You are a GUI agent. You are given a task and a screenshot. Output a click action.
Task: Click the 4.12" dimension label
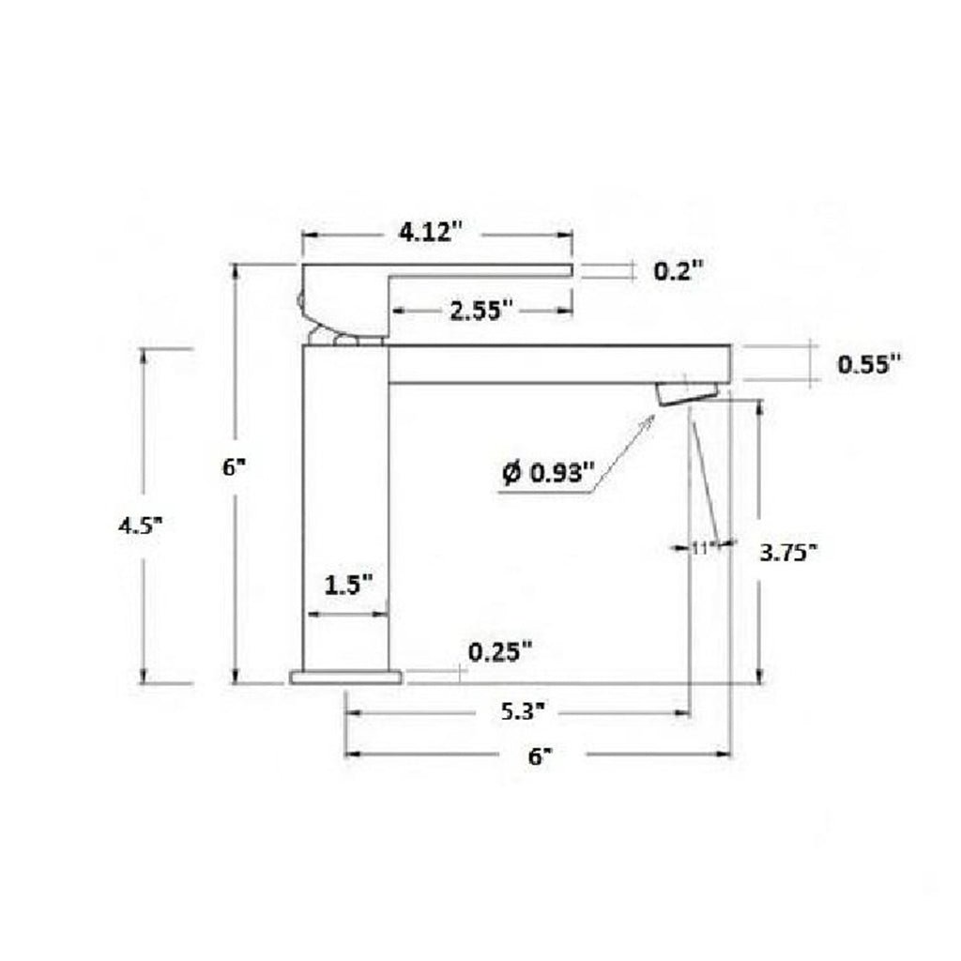[x=432, y=232]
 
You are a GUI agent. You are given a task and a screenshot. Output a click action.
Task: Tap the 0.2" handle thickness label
[x=678, y=271]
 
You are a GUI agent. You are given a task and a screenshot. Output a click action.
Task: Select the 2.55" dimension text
[x=481, y=310]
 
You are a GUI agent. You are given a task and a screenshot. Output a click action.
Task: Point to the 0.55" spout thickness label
[x=869, y=363]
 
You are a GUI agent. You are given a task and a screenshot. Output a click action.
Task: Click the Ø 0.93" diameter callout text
[x=549, y=474]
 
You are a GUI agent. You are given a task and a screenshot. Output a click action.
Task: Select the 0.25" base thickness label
[x=500, y=650]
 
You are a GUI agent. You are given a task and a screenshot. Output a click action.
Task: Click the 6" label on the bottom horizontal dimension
[x=536, y=756]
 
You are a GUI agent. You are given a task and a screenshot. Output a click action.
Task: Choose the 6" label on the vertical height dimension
[x=232, y=466]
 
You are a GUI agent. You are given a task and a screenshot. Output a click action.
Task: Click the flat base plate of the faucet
[x=345, y=677]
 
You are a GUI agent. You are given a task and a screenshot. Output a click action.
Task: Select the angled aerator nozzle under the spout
[x=688, y=392]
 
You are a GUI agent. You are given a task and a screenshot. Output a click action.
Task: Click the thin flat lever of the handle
[x=479, y=270]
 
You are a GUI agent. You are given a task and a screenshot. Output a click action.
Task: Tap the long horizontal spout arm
[x=558, y=364]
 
